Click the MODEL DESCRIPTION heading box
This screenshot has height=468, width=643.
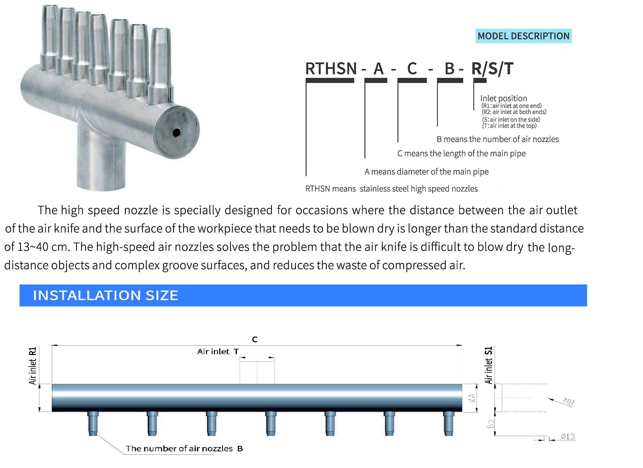[523, 36]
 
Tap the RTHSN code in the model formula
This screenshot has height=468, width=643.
[331, 69]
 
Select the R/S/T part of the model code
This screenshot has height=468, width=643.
[492, 69]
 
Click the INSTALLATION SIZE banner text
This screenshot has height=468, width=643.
[105, 295]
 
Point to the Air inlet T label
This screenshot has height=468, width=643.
[218, 351]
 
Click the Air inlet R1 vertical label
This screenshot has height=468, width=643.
[33, 366]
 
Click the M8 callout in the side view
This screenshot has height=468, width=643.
[568, 402]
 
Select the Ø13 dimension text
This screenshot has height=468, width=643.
[568, 437]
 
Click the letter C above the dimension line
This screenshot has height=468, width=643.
[255, 339]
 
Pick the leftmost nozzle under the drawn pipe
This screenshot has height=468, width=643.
[93, 423]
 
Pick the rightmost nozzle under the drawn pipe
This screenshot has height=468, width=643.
[448, 423]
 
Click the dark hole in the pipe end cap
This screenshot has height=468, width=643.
[176, 132]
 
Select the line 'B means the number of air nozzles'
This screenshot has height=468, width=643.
[497, 139]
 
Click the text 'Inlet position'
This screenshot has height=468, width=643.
[503, 98]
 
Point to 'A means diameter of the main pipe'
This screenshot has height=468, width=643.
[426, 172]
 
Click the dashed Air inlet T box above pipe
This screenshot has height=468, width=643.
[257, 372]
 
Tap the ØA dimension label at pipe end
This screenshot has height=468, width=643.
[472, 398]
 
